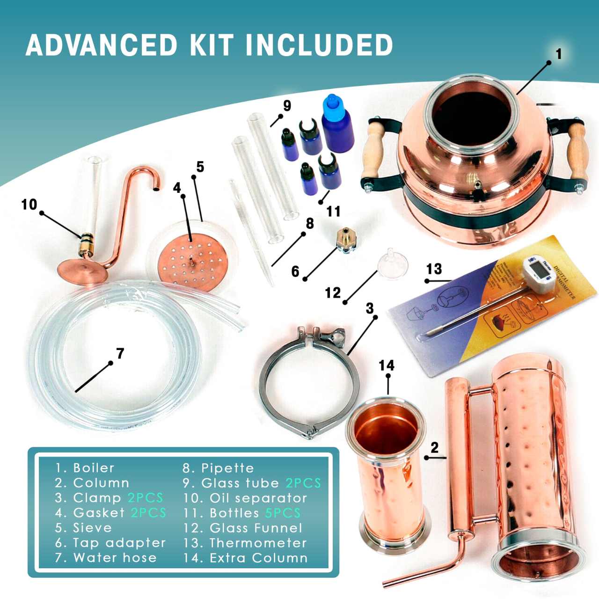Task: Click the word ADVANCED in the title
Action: tap(102, 45)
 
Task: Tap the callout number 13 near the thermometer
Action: tap(434, 269)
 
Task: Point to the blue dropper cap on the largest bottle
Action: tap(332, 103)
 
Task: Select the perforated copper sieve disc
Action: tap(192, 262)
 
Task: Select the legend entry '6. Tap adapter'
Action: tap(110, 543)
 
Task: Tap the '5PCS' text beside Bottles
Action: tap(283, 513)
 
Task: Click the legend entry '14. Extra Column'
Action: tap(246, 558)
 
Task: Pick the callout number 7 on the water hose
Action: tap(120, 353)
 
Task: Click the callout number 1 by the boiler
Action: tap(558, 54)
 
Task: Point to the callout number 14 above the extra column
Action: tap(387, 365)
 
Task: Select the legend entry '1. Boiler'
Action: tap(85, 468)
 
